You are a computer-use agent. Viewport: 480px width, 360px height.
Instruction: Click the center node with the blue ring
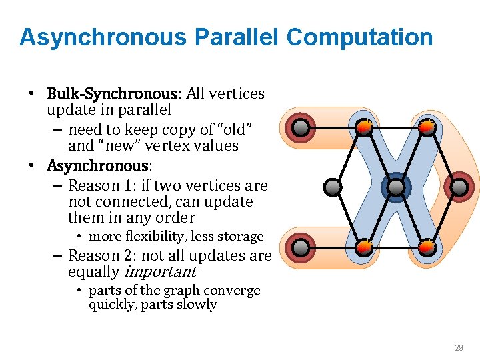pos(396,188)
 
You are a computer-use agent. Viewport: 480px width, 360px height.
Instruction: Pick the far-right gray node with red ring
pos(459,187)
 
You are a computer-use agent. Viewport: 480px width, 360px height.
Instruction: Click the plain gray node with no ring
pos(332,187)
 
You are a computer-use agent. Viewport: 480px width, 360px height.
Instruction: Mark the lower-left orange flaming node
pos(364,248)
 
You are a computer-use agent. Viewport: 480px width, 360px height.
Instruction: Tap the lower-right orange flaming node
pos(427,248)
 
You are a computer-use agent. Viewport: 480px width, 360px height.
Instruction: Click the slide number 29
pos(459,348)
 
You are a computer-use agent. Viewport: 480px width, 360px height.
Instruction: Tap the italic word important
pos(160,272)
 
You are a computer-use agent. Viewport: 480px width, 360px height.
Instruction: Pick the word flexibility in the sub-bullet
pos(135,237)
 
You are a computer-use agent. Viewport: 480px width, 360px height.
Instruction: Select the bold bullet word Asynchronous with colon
pos(100,165)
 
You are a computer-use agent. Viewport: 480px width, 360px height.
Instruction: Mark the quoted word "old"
pos(233,128)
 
